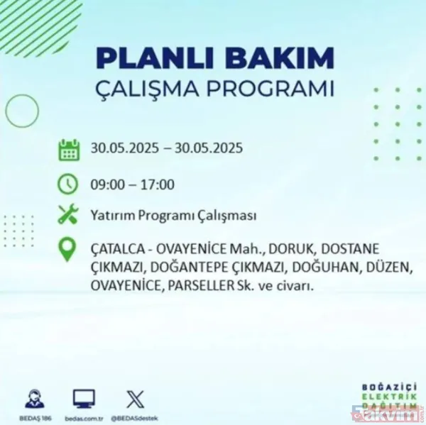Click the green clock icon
(68, 184)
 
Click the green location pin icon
(68, 250)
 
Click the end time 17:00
(158, 185)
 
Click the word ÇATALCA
(116, 250)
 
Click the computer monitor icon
(84, 398)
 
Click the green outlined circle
(21, 111)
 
